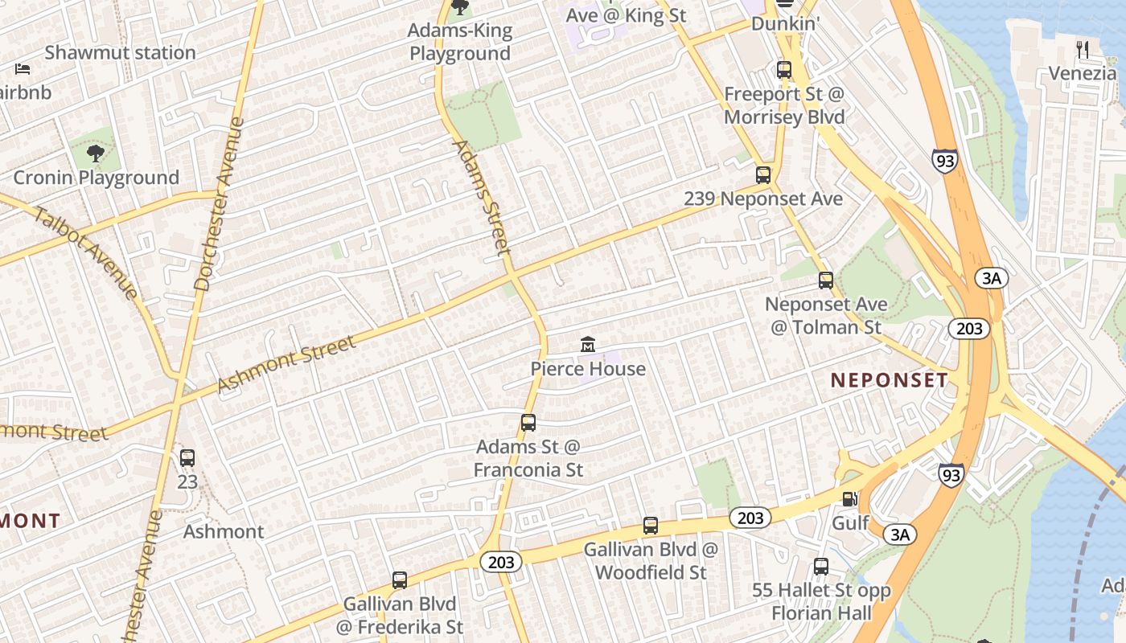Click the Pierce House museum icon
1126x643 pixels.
pos(588,345)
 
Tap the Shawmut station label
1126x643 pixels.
pos(120,53)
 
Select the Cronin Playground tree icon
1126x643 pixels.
pos(95,153)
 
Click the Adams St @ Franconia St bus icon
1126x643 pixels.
pos(528,423)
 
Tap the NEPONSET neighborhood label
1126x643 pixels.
pos(890,380)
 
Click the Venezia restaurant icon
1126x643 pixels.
pos(1083,50)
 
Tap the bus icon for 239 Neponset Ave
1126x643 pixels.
pos(763,174)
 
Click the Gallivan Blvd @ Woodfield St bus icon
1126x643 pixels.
pos(651,526)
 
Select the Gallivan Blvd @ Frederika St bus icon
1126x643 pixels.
pos(400,580)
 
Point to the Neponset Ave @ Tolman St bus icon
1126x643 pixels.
pos(826,281)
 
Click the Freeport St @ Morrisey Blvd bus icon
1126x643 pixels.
pos(784,70)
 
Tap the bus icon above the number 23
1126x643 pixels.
pos(187,458)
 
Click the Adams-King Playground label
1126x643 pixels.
pos(460,43)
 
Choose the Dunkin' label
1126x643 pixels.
pos(785,24)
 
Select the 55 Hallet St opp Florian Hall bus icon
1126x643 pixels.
pos(821,566)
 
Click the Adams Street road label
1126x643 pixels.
pos(483,198)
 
